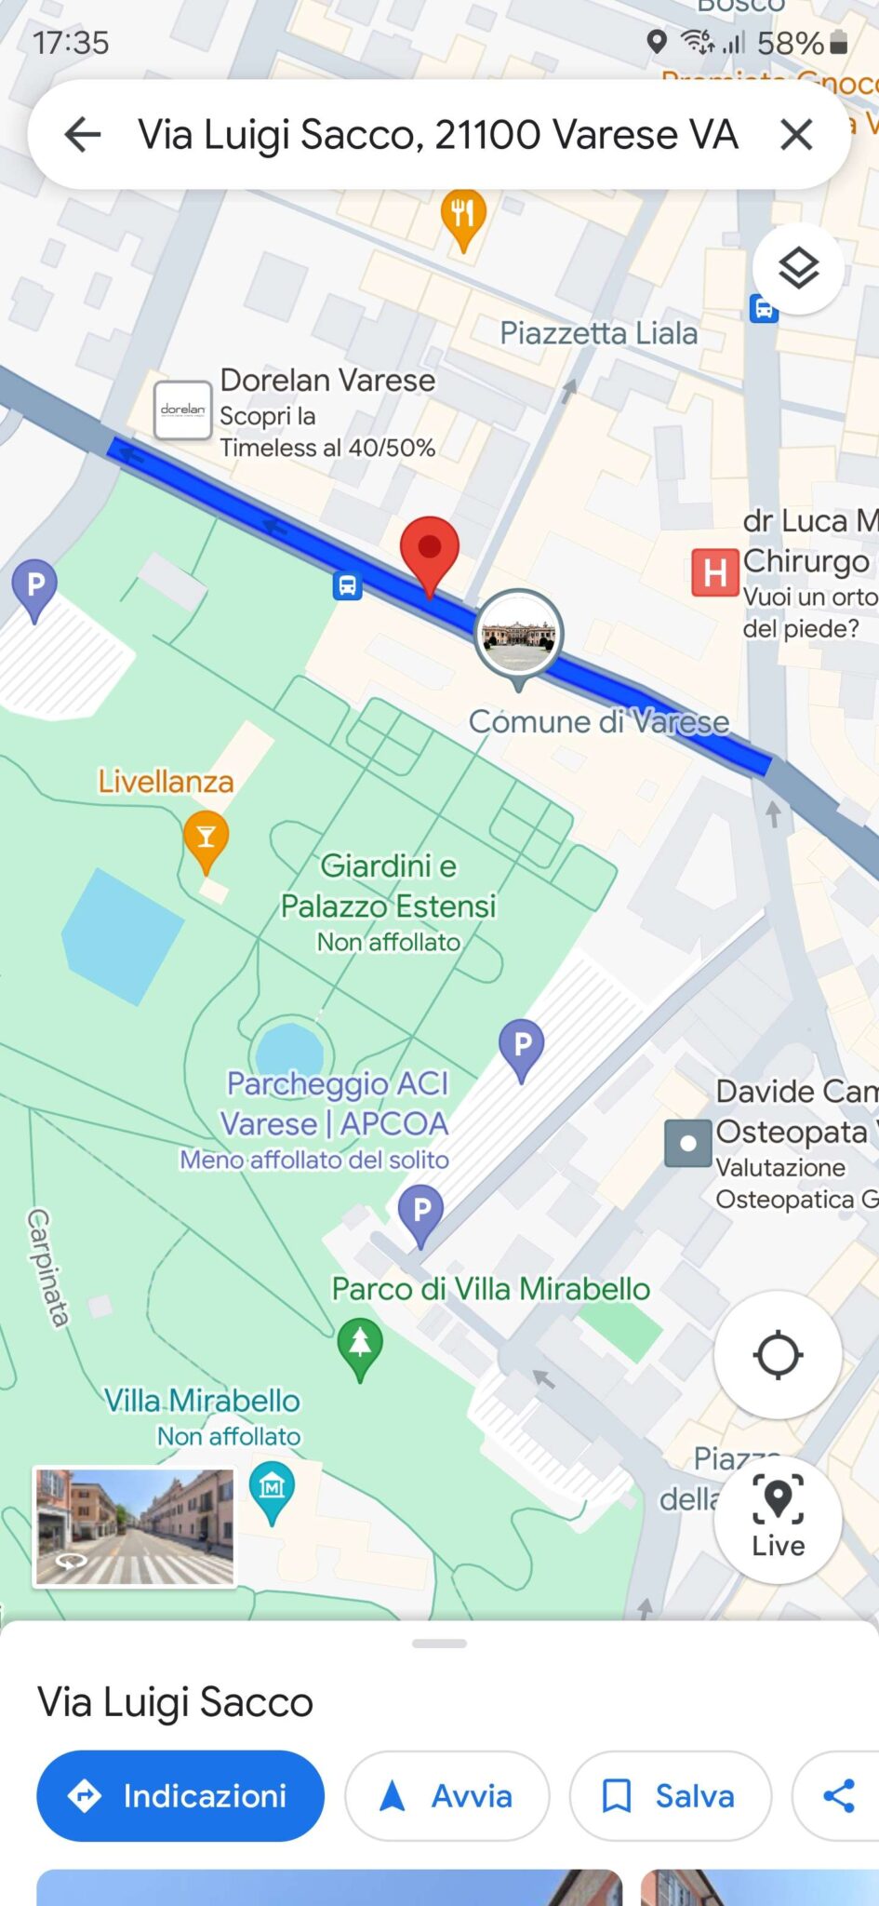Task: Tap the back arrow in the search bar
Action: pyautogui.click(x=83, y=135)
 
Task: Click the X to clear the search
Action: pyautogui.click(x=796, y=135)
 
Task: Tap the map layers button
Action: pyautogui.click(x=798, y=269)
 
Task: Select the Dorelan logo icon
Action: pyautogui.click(x=183, y=409)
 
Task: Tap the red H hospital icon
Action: pyautogui.click(x=714, y=572)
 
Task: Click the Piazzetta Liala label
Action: pyautogui.click(x=598, y=333)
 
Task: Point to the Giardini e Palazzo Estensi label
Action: pyautogui.click(x=389, y=886)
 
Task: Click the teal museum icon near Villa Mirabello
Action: pyautogui.click(x=272, y=1488)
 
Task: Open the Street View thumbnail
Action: pyautogui.click(x=135, y=1526)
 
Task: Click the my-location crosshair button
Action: pyautogui.click(x=778, y=1355)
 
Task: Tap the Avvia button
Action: pyautogui.click(x=446, y=1795)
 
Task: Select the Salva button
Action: pyautogui.click(x=670, y=1795)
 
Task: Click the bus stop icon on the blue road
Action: pyautogui.click(x=348, y=586)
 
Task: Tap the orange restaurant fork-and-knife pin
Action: pyautogui.click(x=462, y=217)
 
